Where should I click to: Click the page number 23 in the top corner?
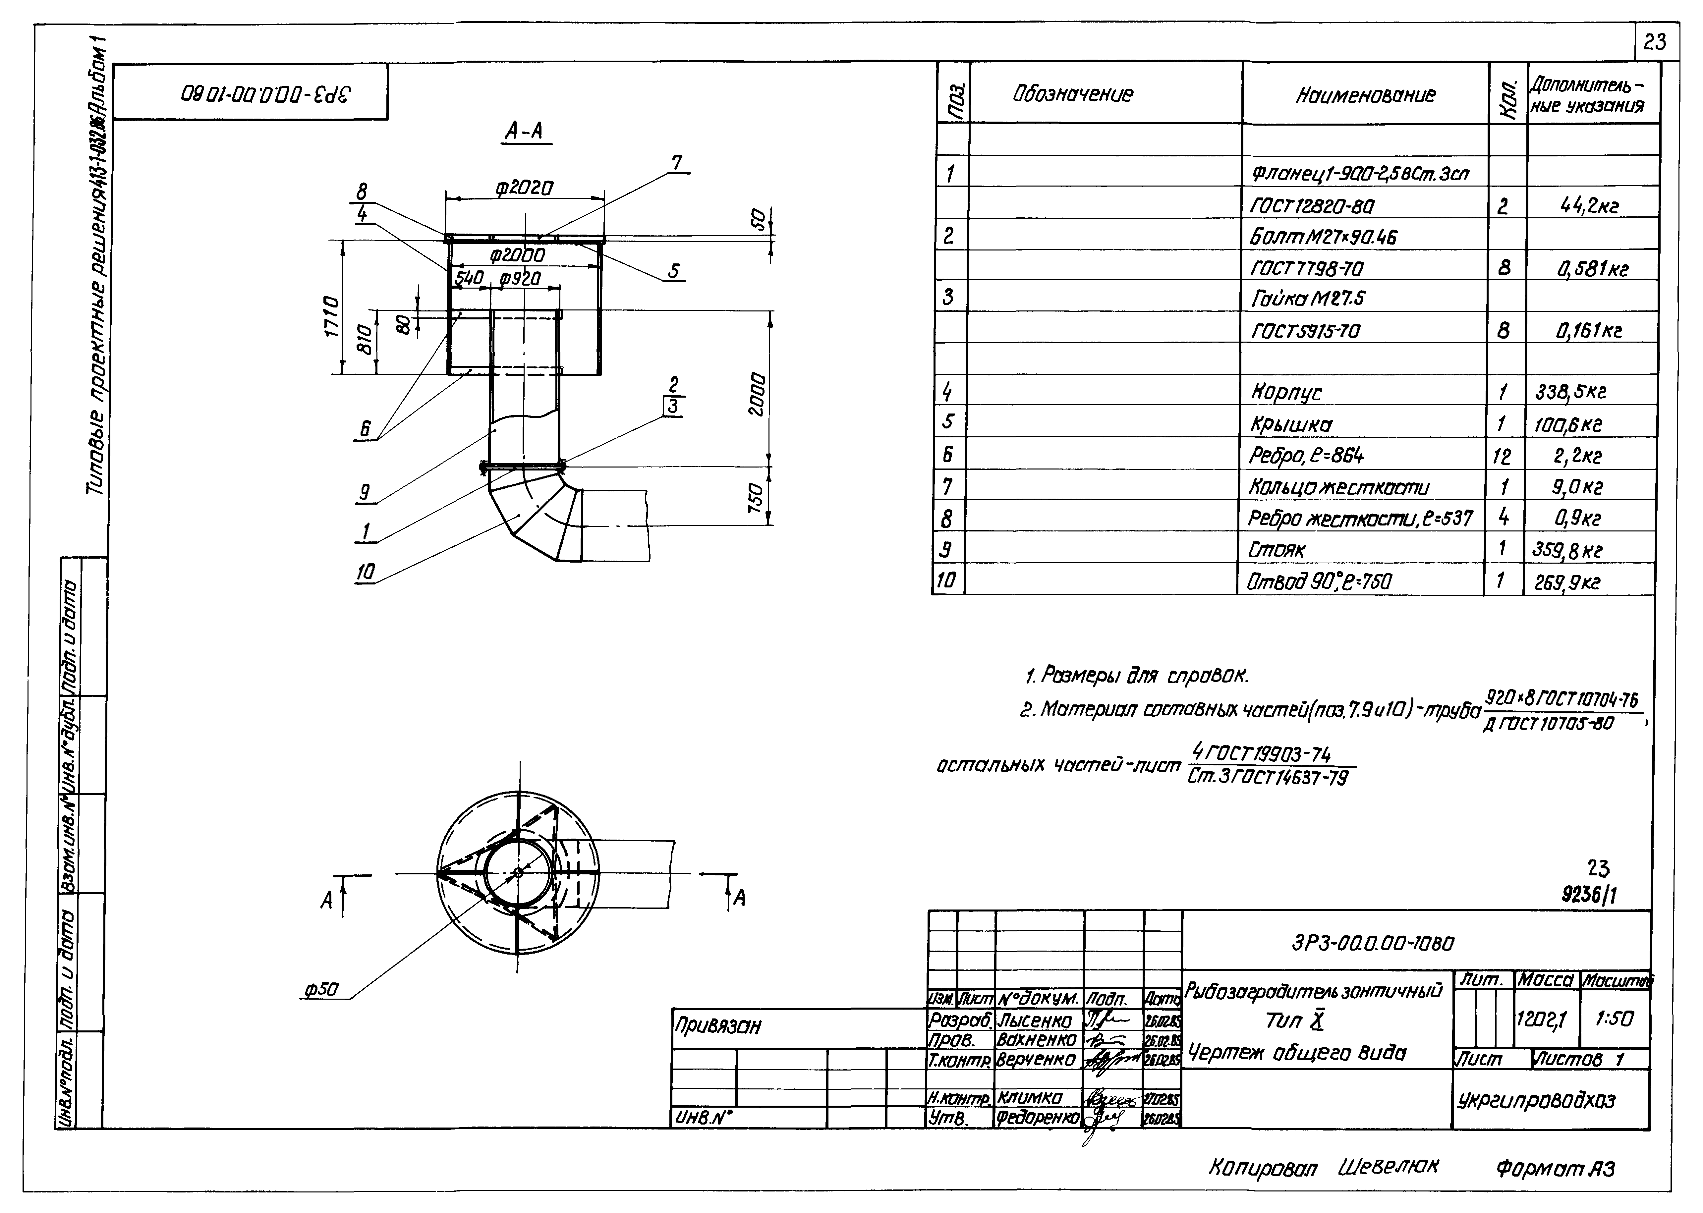1655,42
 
